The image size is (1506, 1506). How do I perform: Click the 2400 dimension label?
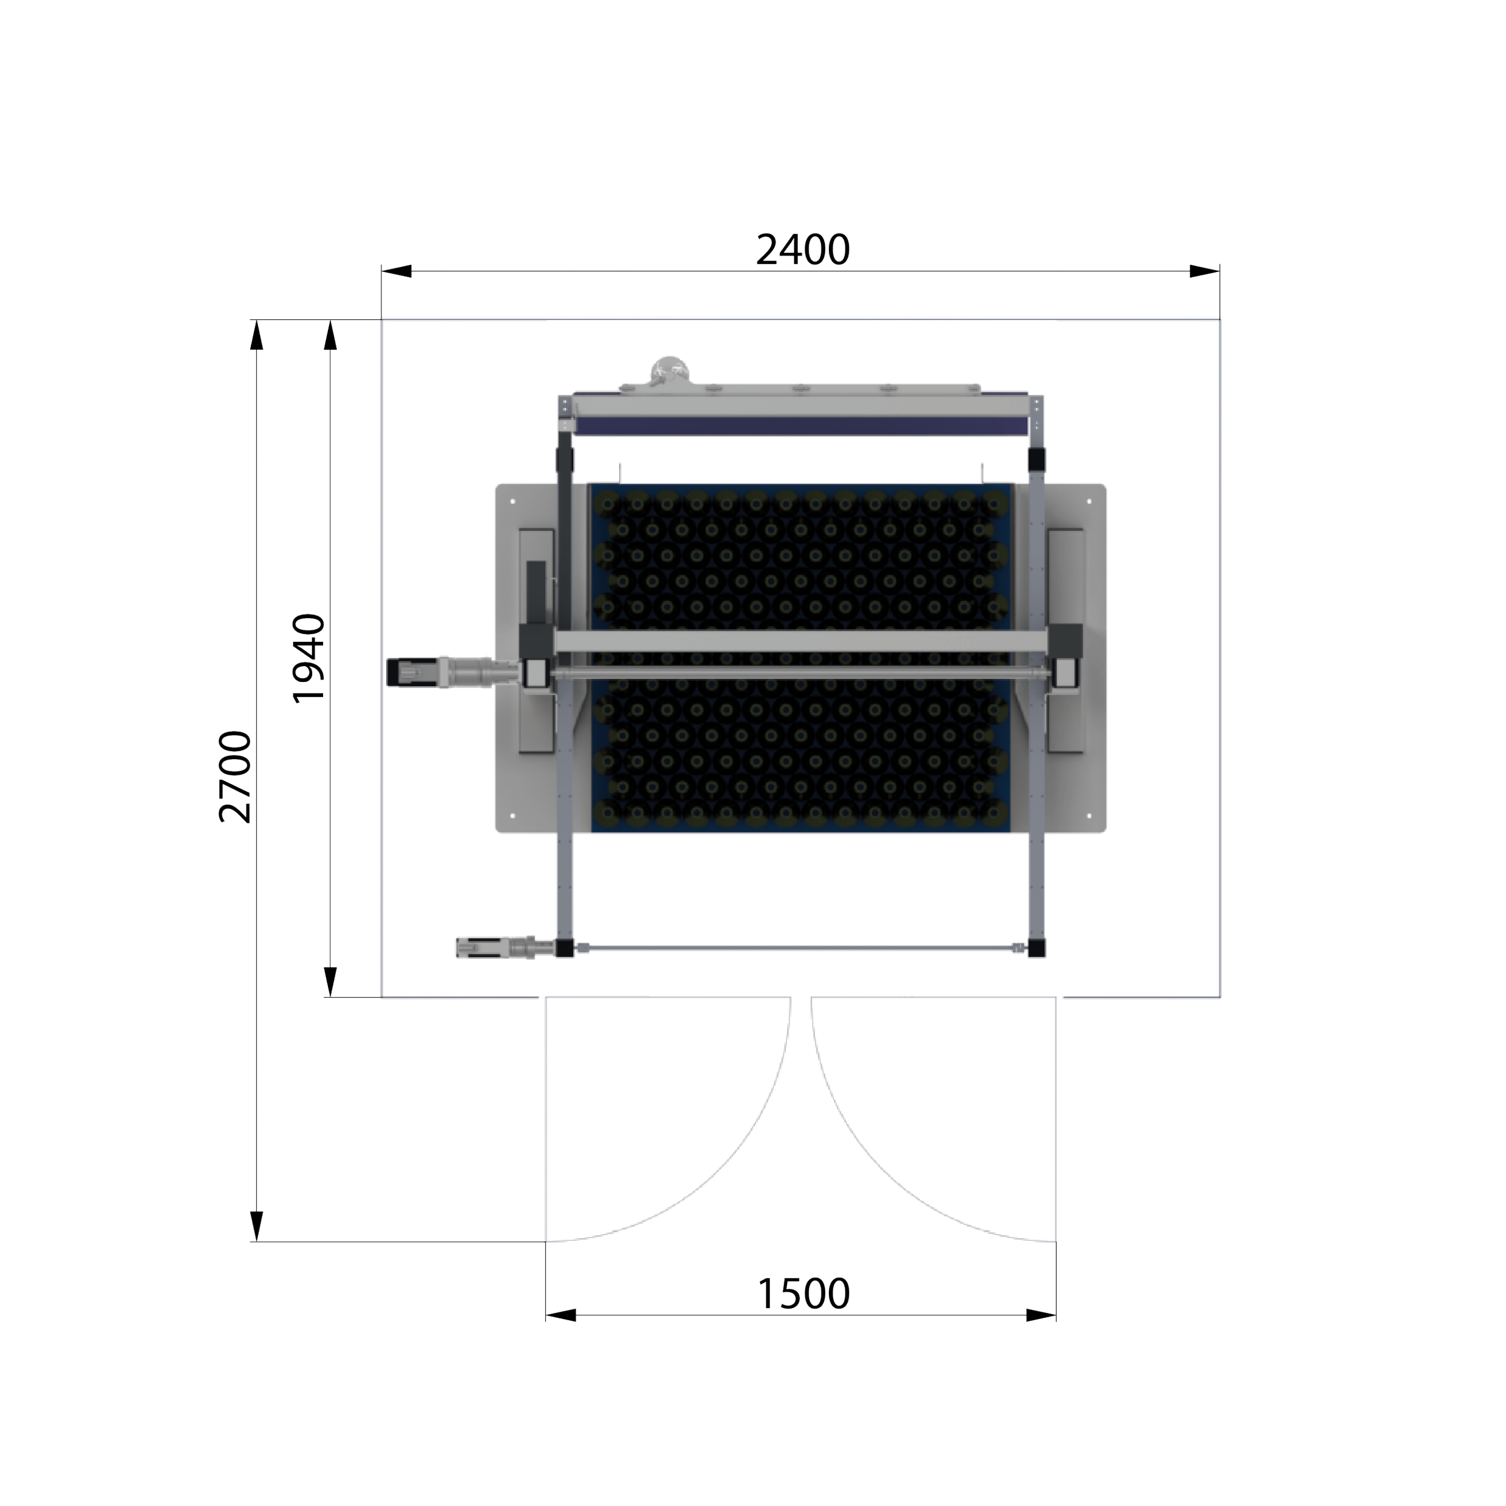(802, 250)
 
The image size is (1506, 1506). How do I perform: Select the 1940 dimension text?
(308, 659)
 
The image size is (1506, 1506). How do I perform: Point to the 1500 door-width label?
(803, 1294)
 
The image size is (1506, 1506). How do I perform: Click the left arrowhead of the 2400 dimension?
(396, 271)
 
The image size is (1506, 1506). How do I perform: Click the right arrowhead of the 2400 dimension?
(1204, 271)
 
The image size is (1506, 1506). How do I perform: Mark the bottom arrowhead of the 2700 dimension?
(256, 1226)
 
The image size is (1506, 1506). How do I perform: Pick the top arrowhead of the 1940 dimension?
(330, 335)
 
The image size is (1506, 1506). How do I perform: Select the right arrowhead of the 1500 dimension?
(1041, 1316)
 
